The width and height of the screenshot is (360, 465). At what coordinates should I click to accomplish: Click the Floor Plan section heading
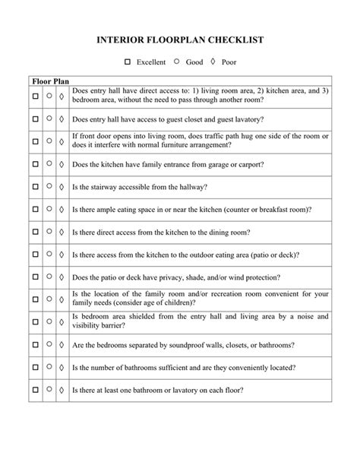(x=50, y=80)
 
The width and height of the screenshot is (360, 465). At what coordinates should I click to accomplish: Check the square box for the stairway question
(x=35, y=186)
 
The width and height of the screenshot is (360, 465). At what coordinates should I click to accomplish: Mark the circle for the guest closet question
(x=49, y=119)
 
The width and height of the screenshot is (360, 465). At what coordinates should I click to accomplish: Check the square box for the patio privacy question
(x=35, y=277)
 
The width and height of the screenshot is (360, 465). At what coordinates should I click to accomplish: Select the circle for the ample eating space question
(x=49, y=209)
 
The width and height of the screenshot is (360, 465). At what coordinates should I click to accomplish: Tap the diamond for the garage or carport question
(x=62, y=163)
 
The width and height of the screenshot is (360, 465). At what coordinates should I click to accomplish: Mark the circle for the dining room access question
(x=49, y=232)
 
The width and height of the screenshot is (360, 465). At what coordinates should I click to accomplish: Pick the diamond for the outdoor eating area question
(x=62, y=255)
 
